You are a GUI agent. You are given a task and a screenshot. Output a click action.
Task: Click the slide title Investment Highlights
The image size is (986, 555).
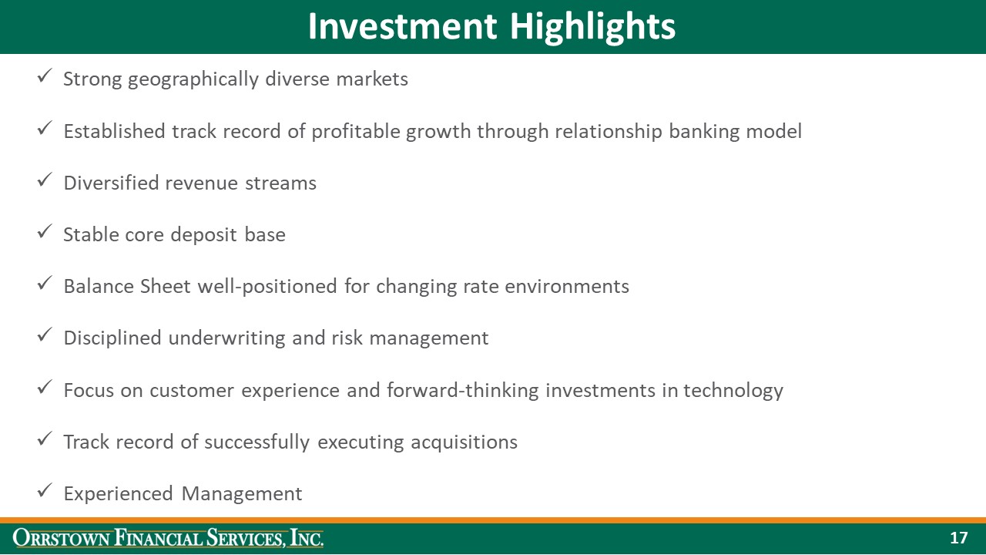[491, 26]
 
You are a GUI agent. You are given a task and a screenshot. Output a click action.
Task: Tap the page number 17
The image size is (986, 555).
[958, 538]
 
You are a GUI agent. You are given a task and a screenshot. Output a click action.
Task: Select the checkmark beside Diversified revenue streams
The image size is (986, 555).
[45, 181]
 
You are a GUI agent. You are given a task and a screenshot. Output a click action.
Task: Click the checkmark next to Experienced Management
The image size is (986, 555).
[45, 492]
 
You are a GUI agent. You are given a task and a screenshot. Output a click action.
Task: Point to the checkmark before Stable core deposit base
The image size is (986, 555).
[45, 233]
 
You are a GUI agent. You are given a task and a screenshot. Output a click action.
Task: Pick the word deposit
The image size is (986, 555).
[204, 235]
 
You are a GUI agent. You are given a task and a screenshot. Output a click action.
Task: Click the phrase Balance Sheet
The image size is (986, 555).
[127, 287]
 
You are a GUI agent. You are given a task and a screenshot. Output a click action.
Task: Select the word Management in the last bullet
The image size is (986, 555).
[242, 493]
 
